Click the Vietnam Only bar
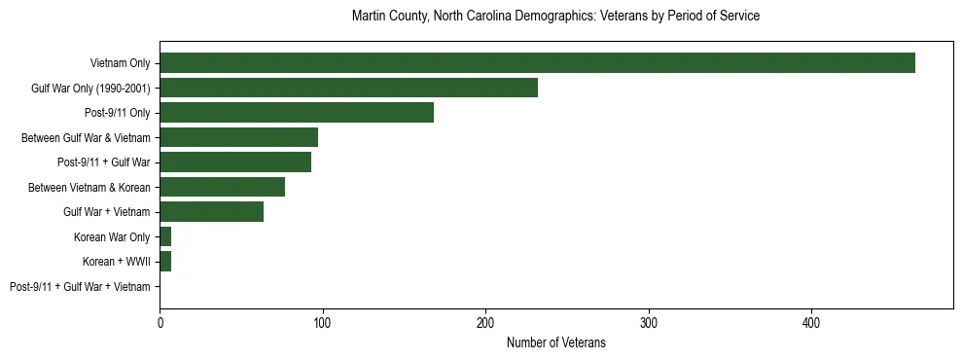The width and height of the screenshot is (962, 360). pyautogui.click(x=537, y=62)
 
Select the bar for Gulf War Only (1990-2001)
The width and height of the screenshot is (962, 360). pyautogui.click(x=348, y=88)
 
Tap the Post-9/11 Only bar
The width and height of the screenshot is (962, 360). pyautogui.click(x=297, y=112)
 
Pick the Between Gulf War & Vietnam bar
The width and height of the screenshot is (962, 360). pyautogui.click(x=238, y=137)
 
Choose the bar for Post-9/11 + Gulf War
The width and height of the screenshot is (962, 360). pyautogui.click(x=235, y=162)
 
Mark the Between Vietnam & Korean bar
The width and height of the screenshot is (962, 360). pyautogui.click(x=222, y=187)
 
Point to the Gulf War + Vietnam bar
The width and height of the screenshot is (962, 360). pyautogui.click(x=211, y=211)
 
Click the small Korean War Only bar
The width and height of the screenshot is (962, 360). pyautogui.click(x=165, y=236)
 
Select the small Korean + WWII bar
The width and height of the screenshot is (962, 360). pyautogui.click(x=165, y=261)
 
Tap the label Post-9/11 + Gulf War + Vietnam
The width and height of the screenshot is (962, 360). pyautogui.click(x=80, y=287)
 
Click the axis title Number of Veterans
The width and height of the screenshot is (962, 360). pyautogui.click(x=555, y=342)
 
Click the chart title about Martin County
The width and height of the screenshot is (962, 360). pyautogui.click(x=555, y=17)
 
